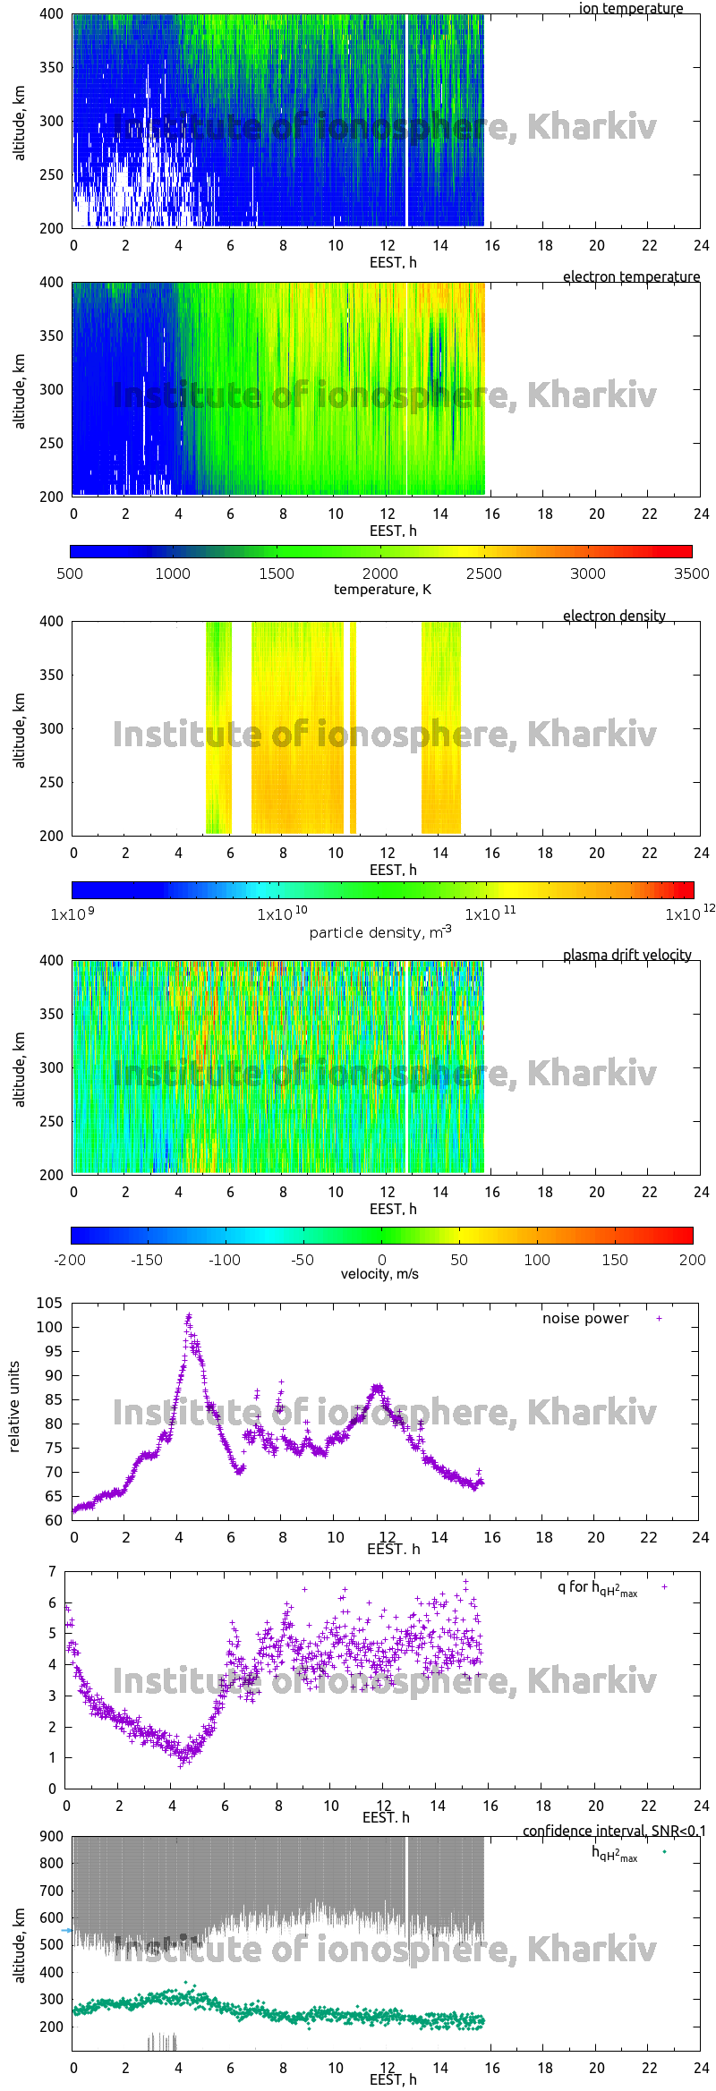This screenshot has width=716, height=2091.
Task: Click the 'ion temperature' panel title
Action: point(630,8)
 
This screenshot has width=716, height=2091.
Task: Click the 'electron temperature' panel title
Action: point(631,276)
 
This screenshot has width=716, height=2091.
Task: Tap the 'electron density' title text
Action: point(614,616)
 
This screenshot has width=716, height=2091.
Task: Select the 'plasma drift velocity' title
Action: point(626,955)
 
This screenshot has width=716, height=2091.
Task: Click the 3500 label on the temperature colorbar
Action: point(691,574)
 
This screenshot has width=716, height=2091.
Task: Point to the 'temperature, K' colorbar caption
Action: point(382,589)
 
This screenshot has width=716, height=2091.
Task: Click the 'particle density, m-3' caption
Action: point(380,931)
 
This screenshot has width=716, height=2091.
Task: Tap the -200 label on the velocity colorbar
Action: point(70,1260)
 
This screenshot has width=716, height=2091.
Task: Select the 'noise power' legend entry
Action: point(585,1318)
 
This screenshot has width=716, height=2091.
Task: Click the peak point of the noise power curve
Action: point(188,1316)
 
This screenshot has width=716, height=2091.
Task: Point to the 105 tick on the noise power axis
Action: point(49,1303)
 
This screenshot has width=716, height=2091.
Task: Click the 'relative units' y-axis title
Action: point(14,1407)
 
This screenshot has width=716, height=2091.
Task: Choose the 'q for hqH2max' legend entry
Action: point(597,1587)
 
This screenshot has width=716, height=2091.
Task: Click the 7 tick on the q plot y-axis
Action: point(53,1571)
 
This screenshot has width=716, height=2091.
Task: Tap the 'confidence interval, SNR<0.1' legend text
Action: point(614,1831)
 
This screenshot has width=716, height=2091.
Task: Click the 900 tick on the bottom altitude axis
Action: point(52,1836)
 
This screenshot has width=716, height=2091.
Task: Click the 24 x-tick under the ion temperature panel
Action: point(701,245)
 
